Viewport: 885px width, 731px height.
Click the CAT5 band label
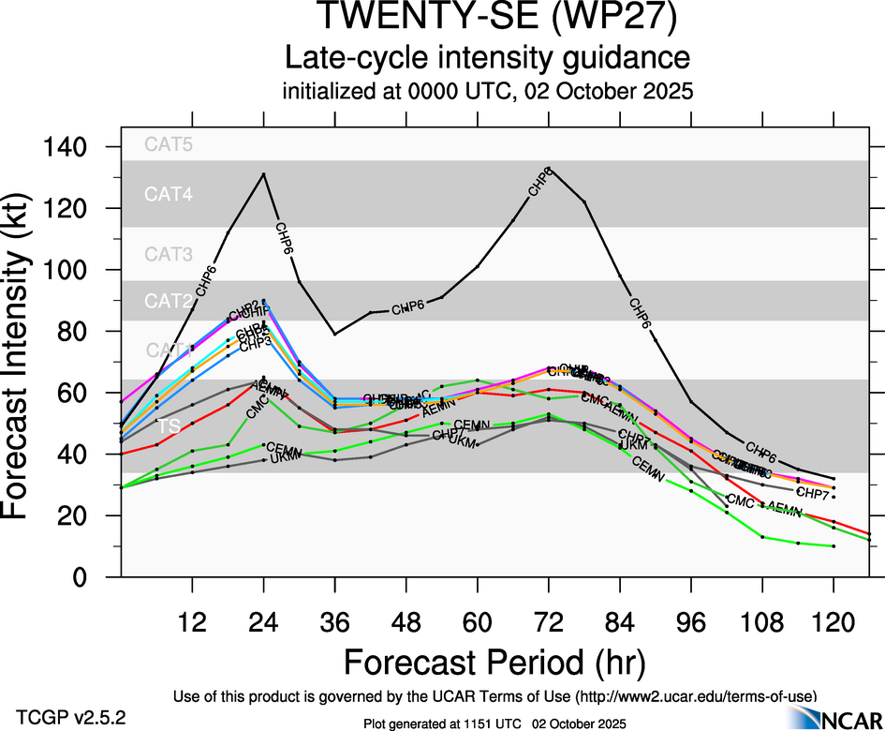(x=168, y=145)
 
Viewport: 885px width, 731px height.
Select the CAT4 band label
(x=168, y=195)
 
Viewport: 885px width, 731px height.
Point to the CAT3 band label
(x=168, y=254)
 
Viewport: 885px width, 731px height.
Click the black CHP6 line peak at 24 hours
(x=264, y=173)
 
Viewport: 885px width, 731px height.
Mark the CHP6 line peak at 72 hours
(x=549, y=169)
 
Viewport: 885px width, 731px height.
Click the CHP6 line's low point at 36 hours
(x=335, y=334)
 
